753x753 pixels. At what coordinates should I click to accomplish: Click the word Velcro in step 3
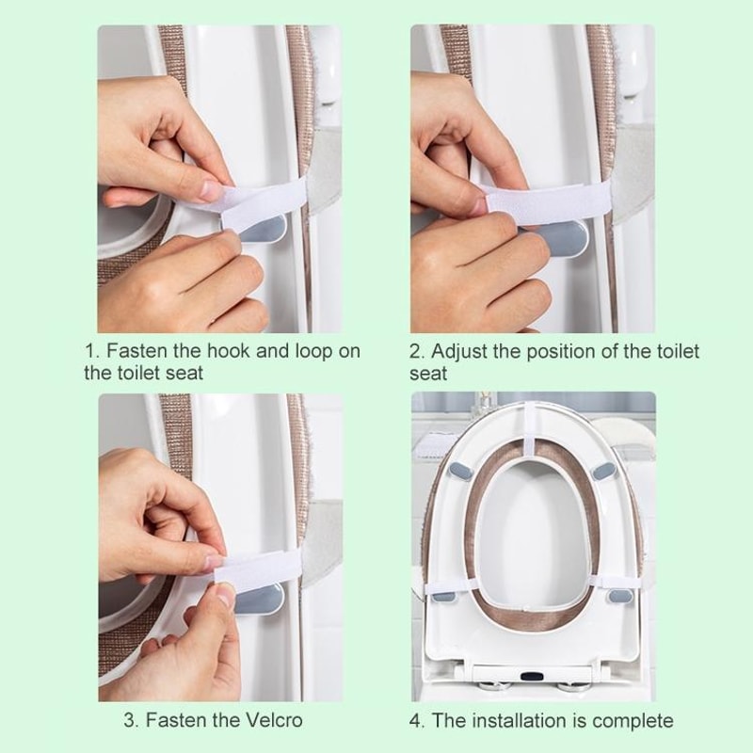click(x=276, y=721)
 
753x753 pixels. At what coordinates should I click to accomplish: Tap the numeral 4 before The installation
click(x=413, y=721)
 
